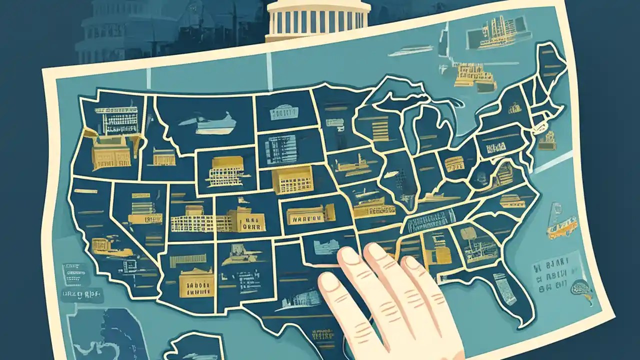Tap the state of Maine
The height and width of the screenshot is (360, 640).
click(550, 65)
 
